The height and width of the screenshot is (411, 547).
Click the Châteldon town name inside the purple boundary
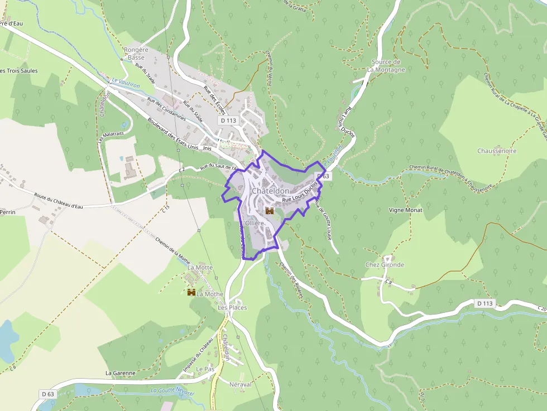pyautogui.click(x=270, y=191)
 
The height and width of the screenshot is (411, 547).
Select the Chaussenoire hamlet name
pyautogui.click(x=497, y=151)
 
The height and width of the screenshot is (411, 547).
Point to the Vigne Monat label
pyautogui.click(x=406, y=210)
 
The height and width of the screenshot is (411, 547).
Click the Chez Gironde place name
pyautogui.click(x=385, y=265)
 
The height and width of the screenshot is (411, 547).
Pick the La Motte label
pyautogui.click(x=200, y=268)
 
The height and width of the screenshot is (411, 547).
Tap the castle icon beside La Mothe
pyautogui.click(x=191, y=292)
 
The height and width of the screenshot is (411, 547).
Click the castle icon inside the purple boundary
pyautogui.click(x=269, y=211)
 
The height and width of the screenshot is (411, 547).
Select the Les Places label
pyautogui.click(x=232, y=307)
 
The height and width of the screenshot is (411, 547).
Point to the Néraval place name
pyautogui.click(x=241, y=384)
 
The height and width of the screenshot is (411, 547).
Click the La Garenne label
pyautogui.click(x=120, y=373)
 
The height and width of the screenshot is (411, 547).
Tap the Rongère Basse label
pyautogui.click(x=136, y=54)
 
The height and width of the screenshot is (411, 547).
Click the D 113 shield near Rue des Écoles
pyautogui.click(x=228, y=120)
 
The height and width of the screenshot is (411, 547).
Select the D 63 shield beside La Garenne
pyautogui.click(x=48, y=394)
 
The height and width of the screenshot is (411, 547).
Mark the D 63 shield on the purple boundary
pyautogui.click(x=323, y=176)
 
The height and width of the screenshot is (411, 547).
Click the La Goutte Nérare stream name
pyautogui.click(x=172, y=392)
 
